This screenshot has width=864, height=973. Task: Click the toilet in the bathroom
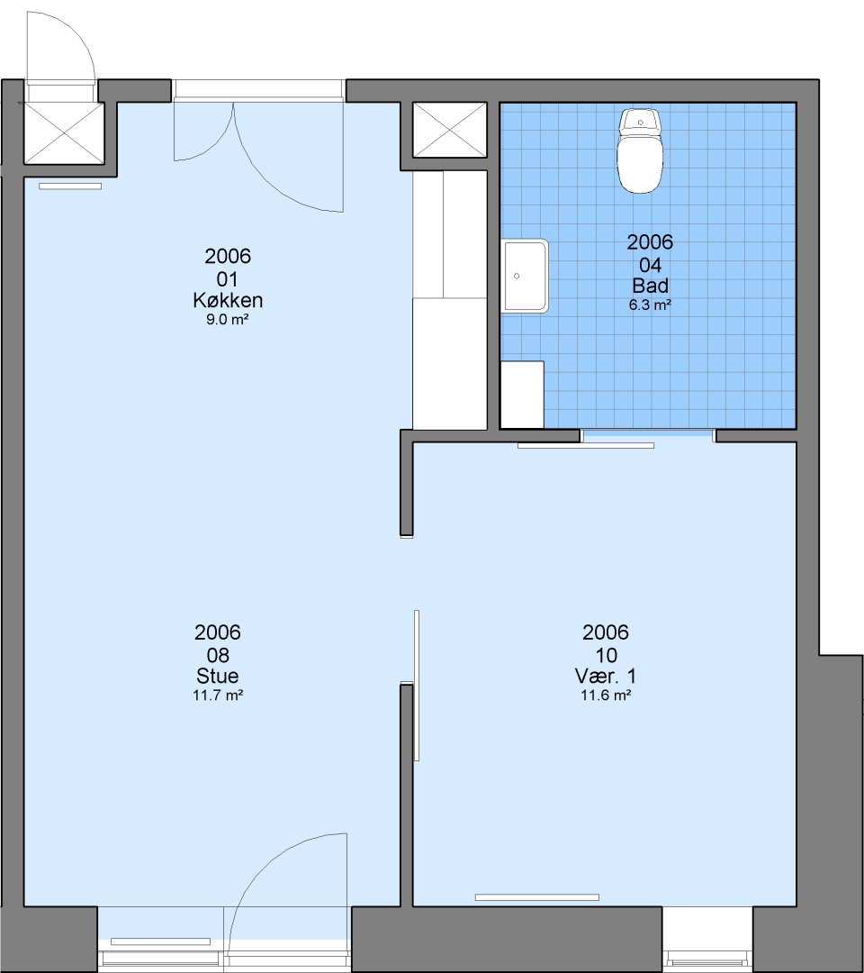point(640,150)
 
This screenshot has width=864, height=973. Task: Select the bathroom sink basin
point(525,276)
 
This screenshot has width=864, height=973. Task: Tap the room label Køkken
point(228,300)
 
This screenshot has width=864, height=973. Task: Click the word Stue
point(218,676)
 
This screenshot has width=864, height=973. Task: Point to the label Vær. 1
point(606,676)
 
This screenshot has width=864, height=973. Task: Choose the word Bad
point(650,286)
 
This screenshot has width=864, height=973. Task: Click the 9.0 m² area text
point(228,320)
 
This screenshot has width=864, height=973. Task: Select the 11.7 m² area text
point(218,695)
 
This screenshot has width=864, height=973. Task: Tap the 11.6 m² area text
point(606,695)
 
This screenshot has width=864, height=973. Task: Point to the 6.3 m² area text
point(650,305)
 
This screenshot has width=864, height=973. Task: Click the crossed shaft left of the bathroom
point(450,131)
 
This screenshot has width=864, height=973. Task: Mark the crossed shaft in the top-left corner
point(64,133)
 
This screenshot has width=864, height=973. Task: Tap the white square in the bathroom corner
point(522,395)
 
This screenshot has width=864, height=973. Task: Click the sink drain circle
point(517,276)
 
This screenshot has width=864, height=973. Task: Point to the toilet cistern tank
point(641,120)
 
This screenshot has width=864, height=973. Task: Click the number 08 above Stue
point(218,655)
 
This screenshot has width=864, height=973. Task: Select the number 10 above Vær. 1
point(607,655)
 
